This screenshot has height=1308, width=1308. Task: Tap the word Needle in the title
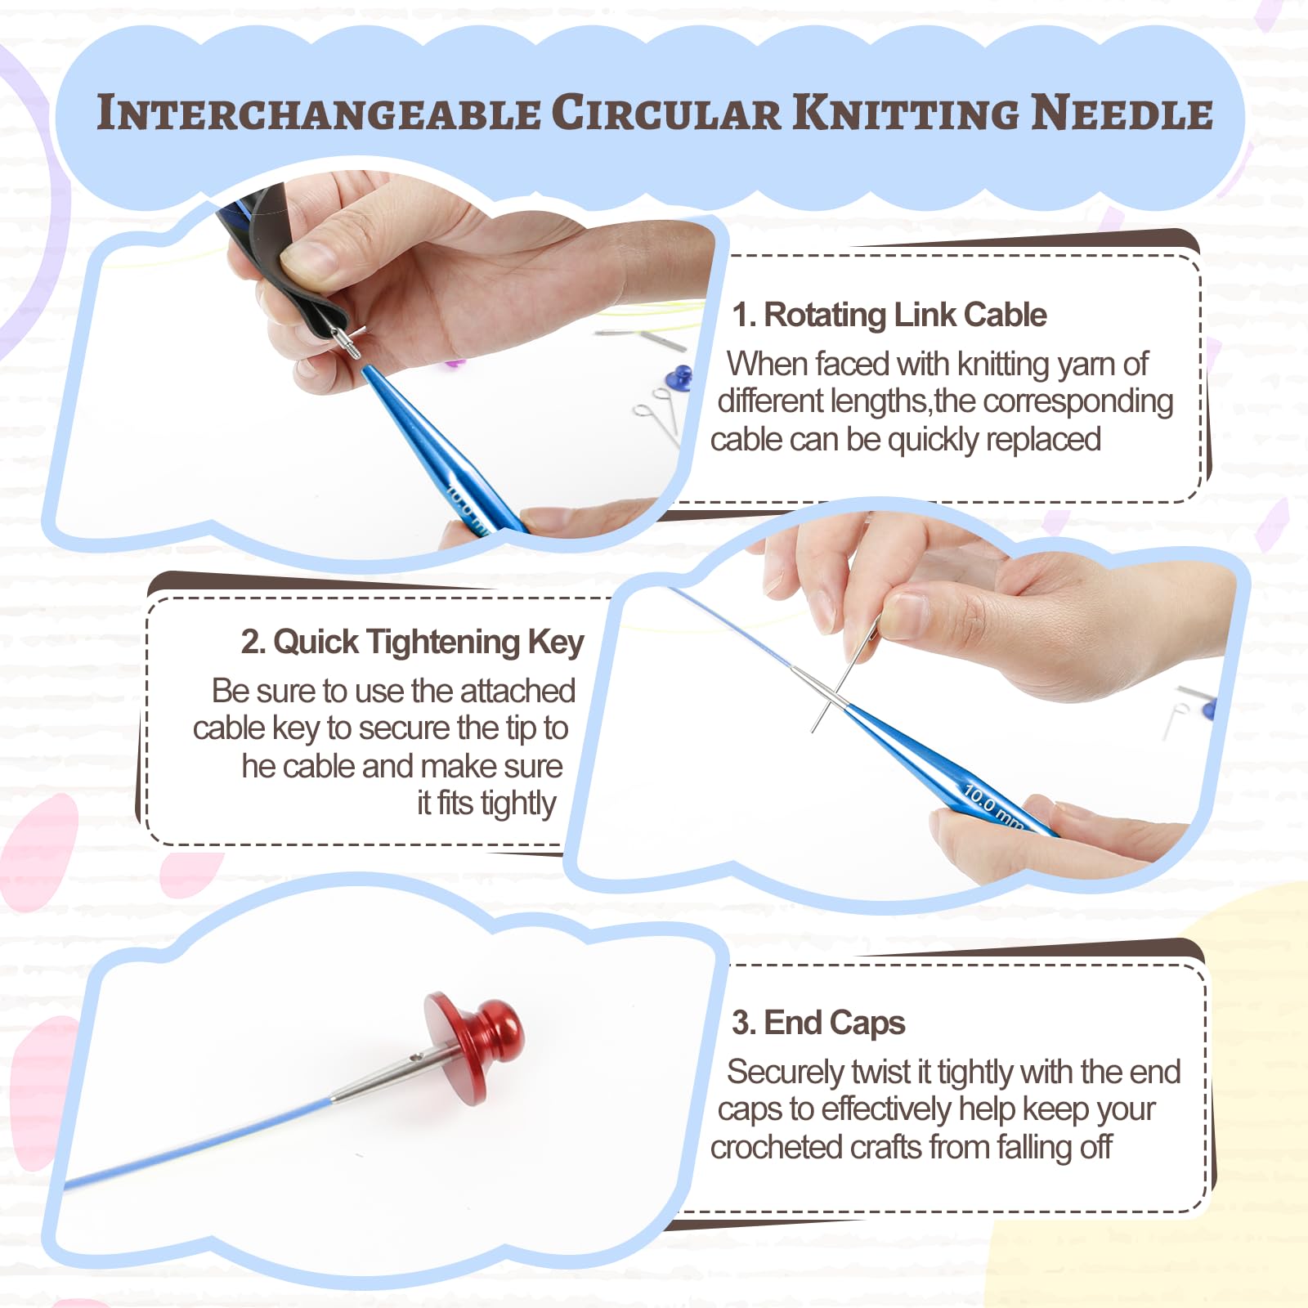(1122, 113)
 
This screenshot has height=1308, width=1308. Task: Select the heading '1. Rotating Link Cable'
(889, 315)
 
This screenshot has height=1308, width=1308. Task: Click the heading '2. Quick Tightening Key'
(412, 643)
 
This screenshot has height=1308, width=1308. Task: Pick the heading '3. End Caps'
(818, 1023)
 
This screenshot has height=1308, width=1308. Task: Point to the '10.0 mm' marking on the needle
(992, 806)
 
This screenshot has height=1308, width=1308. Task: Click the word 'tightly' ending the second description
(518, 804)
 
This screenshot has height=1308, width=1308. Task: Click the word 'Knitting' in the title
(907, 113)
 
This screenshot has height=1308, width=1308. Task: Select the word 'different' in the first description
(769, 401)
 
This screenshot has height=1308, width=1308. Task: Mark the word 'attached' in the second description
(517, 692)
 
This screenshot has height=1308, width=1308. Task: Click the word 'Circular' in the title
(666, 113)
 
